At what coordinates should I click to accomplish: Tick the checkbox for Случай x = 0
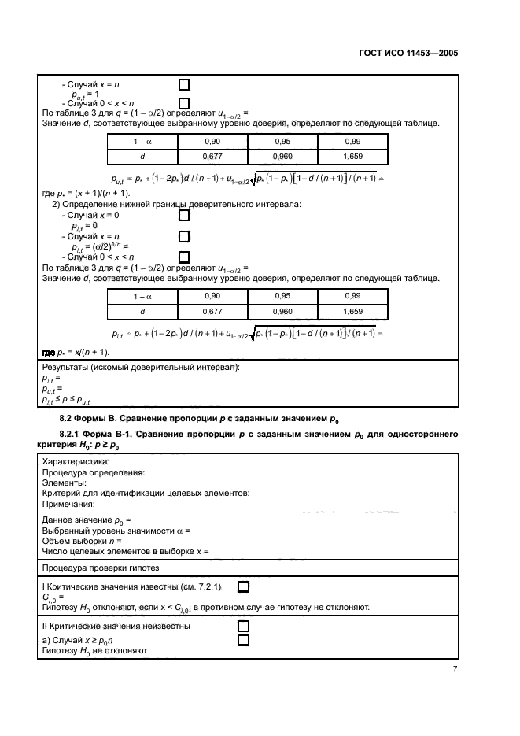pyautogui.click(x=184, y=215)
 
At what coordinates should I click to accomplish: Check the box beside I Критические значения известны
pyautogui.click(x=243, y=586)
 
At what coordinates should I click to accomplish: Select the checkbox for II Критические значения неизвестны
pyautogui.click(x=243, y=626)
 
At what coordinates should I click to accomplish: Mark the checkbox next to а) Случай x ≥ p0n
pyautogui.click(x=243, y=640)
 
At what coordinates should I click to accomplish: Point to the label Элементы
pyautogui.click(x=64, y=483)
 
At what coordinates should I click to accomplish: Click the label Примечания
pyautogui.click(x=68, y=504)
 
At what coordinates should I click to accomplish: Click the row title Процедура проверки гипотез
pyautogui.click(x=100, y=568)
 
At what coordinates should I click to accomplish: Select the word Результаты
pyautogui.click(x=67, y=368)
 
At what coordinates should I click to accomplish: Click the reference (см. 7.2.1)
pyautogui.click(x=201, y=587)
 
